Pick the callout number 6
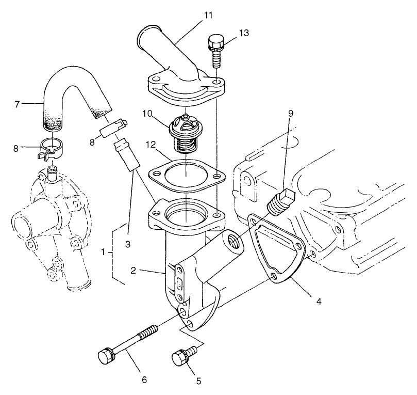(x=144, y=380)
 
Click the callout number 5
(x=198, y=381)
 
